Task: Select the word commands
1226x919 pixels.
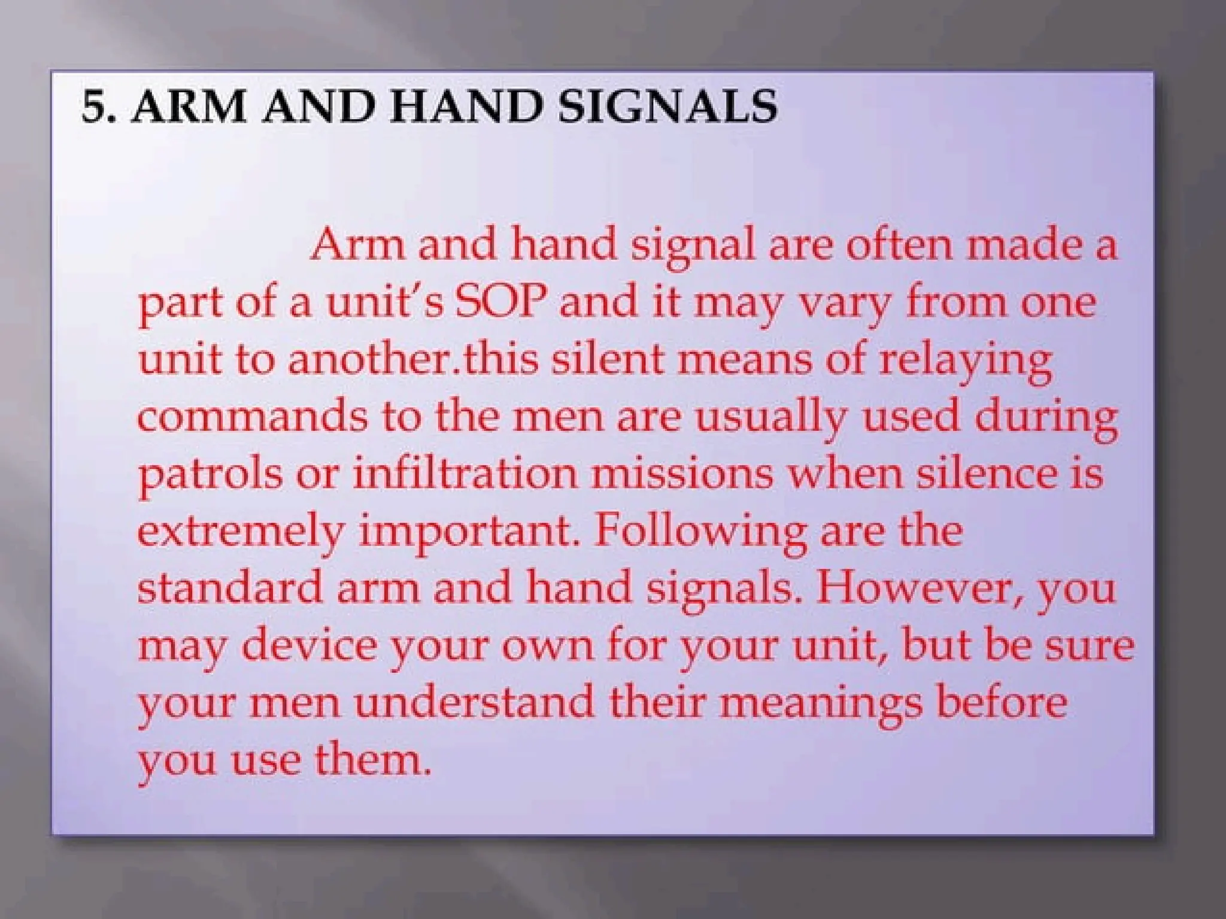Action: tap(252, 415)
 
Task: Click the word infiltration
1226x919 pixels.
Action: tap(465, 472)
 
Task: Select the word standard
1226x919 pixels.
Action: tap(230, 587)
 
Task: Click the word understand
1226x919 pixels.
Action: tap(474, 702)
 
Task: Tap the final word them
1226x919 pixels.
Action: tap(372, 759)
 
